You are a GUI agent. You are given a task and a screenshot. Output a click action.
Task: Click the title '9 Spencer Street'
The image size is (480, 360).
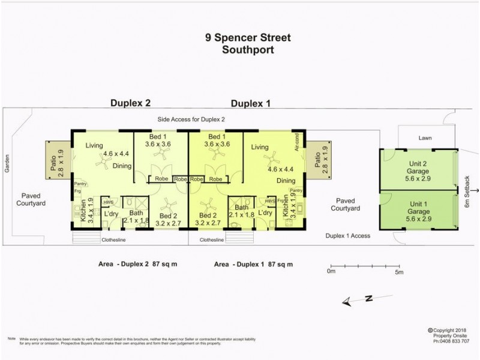[x=248, y=38]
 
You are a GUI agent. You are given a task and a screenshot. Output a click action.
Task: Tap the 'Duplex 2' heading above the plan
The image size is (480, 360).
[x=130, y=103]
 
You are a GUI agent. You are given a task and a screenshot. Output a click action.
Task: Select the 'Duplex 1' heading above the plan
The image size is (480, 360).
[x=250, y=103]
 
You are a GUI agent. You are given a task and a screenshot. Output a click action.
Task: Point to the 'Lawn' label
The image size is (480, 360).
[x=424, y=138]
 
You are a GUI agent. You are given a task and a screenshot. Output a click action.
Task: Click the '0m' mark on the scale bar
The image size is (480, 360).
[x=332, y=272]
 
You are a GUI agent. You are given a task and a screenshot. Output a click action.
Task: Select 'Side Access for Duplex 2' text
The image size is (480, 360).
[x=191, y=119]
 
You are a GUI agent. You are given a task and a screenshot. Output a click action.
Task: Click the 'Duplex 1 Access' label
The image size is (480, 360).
[x=348, y=236]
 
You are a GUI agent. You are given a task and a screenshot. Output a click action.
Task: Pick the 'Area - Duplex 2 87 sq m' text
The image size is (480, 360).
[x=137, y=264]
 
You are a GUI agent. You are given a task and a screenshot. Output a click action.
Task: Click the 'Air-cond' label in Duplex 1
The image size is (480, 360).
[x=296, y=142]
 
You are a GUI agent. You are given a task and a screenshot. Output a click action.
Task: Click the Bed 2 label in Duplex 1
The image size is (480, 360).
[x=208, y=219]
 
